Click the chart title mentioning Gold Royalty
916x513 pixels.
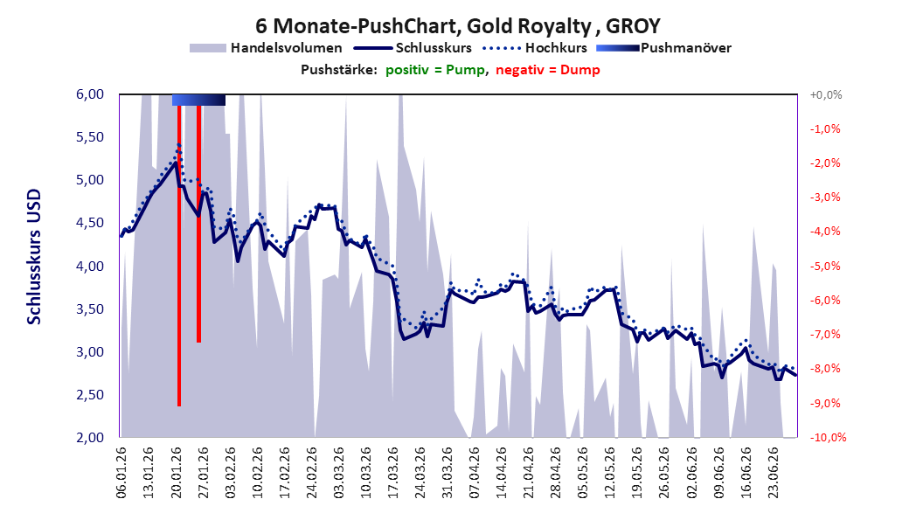(x=458, y=26)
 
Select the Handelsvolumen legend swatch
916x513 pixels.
(x=207, y=48)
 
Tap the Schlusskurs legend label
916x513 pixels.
(x=434, y=48)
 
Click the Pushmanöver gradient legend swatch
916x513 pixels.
(x=618, y=48)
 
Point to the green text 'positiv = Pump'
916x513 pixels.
(x=435, y=70)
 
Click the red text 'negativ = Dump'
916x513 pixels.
(x=548, y=70)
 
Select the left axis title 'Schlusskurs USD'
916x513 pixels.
(x=34, y=257)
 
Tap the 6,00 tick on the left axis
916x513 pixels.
(x=90, y=94)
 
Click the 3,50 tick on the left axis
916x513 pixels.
(x=90, y=308)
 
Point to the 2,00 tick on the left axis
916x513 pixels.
(x=90, y=437)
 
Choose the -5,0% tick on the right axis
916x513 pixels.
(x=825, y=266)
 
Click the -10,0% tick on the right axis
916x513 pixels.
(x=828, y=437)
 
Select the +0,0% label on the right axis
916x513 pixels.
(x=826, y=94)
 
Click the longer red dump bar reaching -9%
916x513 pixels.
(x=179, y=256)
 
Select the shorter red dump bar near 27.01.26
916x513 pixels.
(x=198, y=224)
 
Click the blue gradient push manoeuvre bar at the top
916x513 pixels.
(x=198, y=100)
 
